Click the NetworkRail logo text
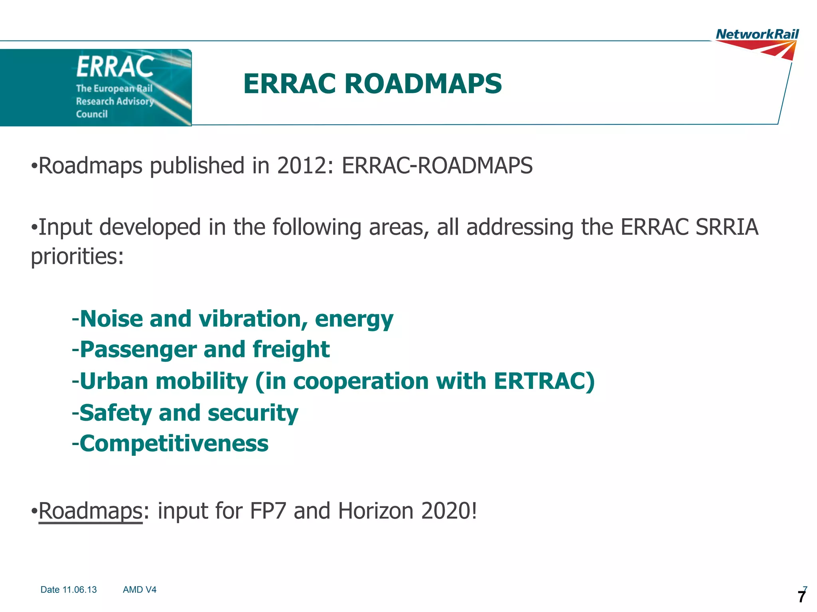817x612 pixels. tap(757, 35)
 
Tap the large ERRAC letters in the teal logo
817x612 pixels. tap(115, 67)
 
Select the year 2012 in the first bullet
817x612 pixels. tap(302, 166)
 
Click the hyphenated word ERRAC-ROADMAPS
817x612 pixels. tap(437, 166)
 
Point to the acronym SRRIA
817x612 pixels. tap(726, 227)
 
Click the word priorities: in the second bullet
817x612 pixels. tap(77, 256)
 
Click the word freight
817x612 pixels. tap(291, 349)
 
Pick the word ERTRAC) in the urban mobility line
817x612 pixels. tap(544, 381)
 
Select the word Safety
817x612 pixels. tap(115, 413)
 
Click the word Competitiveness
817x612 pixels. tap(174, 443)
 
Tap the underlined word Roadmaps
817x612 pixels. tap(90, 511)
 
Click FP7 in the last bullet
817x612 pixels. tap(268, 511)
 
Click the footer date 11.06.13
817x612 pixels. tap(79, 590)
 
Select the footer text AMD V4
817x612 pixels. tap(139, 590)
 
